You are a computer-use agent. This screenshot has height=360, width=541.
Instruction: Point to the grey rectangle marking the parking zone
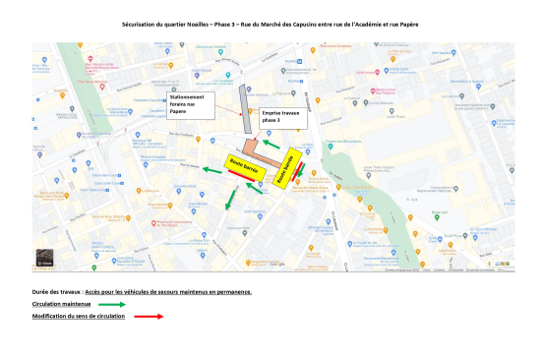246,107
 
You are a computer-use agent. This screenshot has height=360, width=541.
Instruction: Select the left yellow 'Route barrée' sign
242,164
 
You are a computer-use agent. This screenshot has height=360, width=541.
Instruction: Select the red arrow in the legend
149,317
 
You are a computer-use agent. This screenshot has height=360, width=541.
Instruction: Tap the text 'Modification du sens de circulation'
78,317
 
